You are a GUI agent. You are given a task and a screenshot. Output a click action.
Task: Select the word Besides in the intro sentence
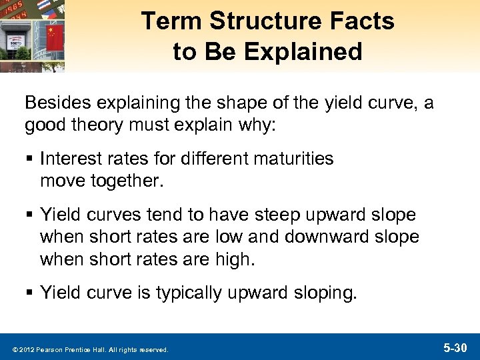tap(51, 104)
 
